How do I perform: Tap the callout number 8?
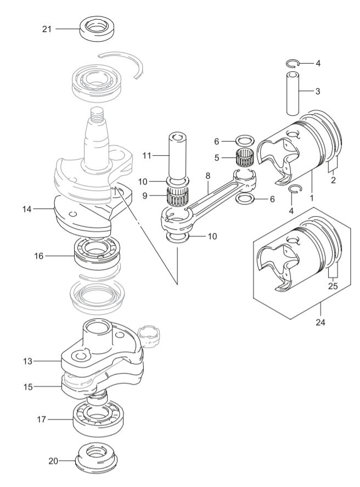click(x=208, y=175)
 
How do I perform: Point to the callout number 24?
click(x=320, y=322)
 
